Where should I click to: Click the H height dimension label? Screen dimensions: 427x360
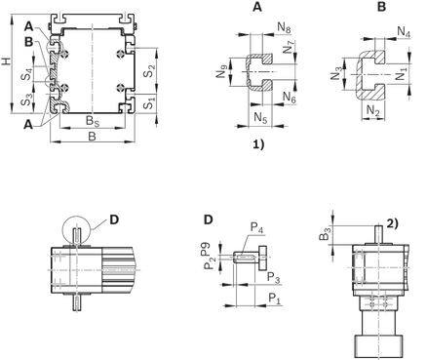pyautogui.click(x=7, y=61)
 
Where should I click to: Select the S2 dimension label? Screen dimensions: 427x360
pyautogui.click(x=149, y=71)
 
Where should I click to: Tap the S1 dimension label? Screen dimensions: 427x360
pyautogui.click(x=149, y=103)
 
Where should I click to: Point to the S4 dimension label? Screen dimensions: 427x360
pyautogui.click(x=26, y=74)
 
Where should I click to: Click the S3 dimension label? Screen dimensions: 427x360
pyautogui.click(x=26, y=100)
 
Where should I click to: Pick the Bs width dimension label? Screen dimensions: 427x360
pyautogui.click(x=93, y=121)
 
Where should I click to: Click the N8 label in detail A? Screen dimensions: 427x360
pyautogui.click(x=284, y=28)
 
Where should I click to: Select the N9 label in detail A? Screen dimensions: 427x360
pyautogui.click(x=222, y=72)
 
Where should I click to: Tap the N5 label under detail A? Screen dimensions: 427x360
pyautogui.click(x=260, y=118)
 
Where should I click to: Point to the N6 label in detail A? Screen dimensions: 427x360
pyautogui.click(x=290, y=98)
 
